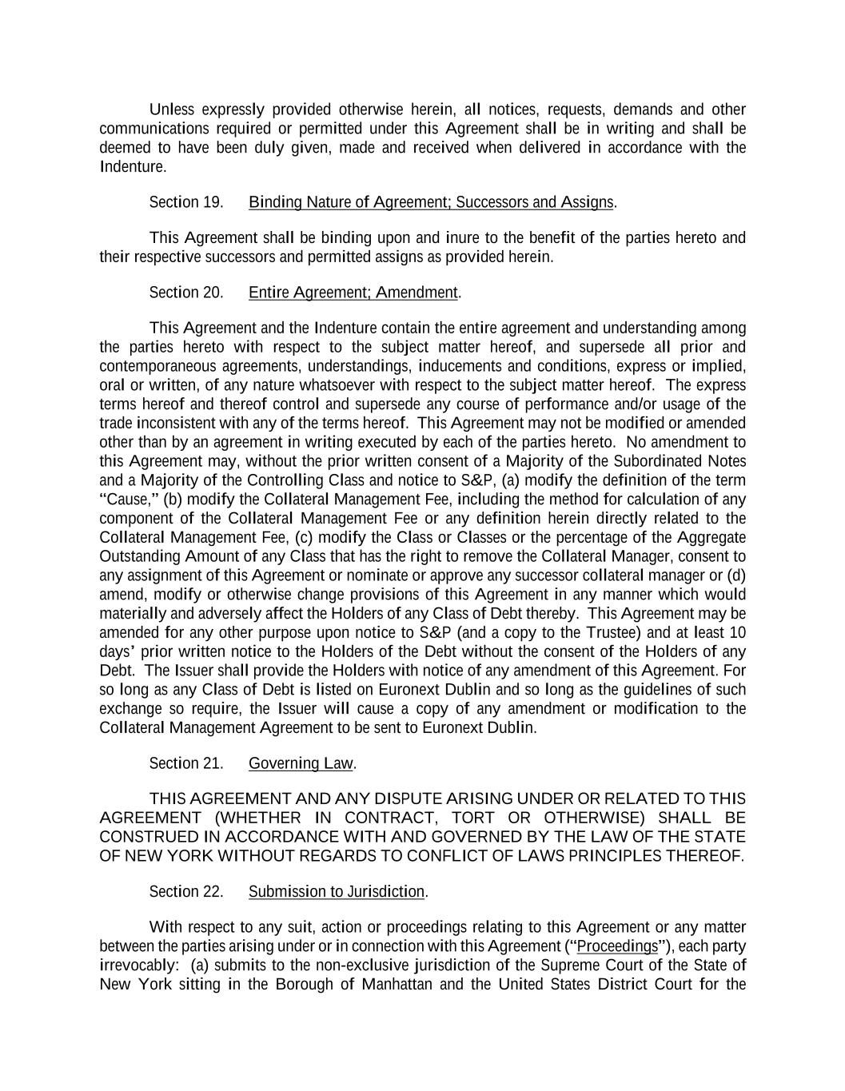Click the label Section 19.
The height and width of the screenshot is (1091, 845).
[185, 202]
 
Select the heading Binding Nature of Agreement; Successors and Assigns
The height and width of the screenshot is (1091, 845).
[431, 202]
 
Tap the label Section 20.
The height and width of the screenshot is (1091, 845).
[185, 293]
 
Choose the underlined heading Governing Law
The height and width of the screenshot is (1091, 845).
[301, 763]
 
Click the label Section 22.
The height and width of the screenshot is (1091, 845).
[185, 892]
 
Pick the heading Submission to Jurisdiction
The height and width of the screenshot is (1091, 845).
[337, 892]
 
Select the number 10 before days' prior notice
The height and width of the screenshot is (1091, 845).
[737, 633]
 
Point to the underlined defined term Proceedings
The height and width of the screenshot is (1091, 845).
[617, 947]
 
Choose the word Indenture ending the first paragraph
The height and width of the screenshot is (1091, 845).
[132, 167]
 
